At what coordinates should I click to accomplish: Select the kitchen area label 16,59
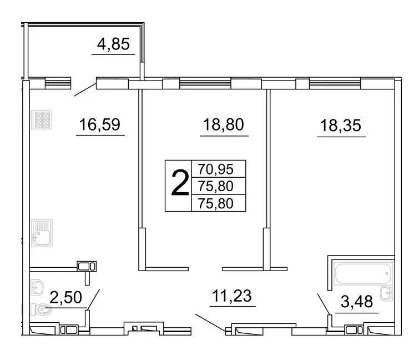point(100,124)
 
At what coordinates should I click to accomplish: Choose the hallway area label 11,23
point(232,294)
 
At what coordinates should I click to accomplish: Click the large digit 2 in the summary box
point(178,186)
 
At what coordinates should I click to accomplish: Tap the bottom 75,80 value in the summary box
point(218,203)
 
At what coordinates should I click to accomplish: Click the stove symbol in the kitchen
point(41,119)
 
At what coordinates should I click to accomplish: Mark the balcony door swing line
point(85,89)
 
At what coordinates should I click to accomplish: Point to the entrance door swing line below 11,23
point(210,322)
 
